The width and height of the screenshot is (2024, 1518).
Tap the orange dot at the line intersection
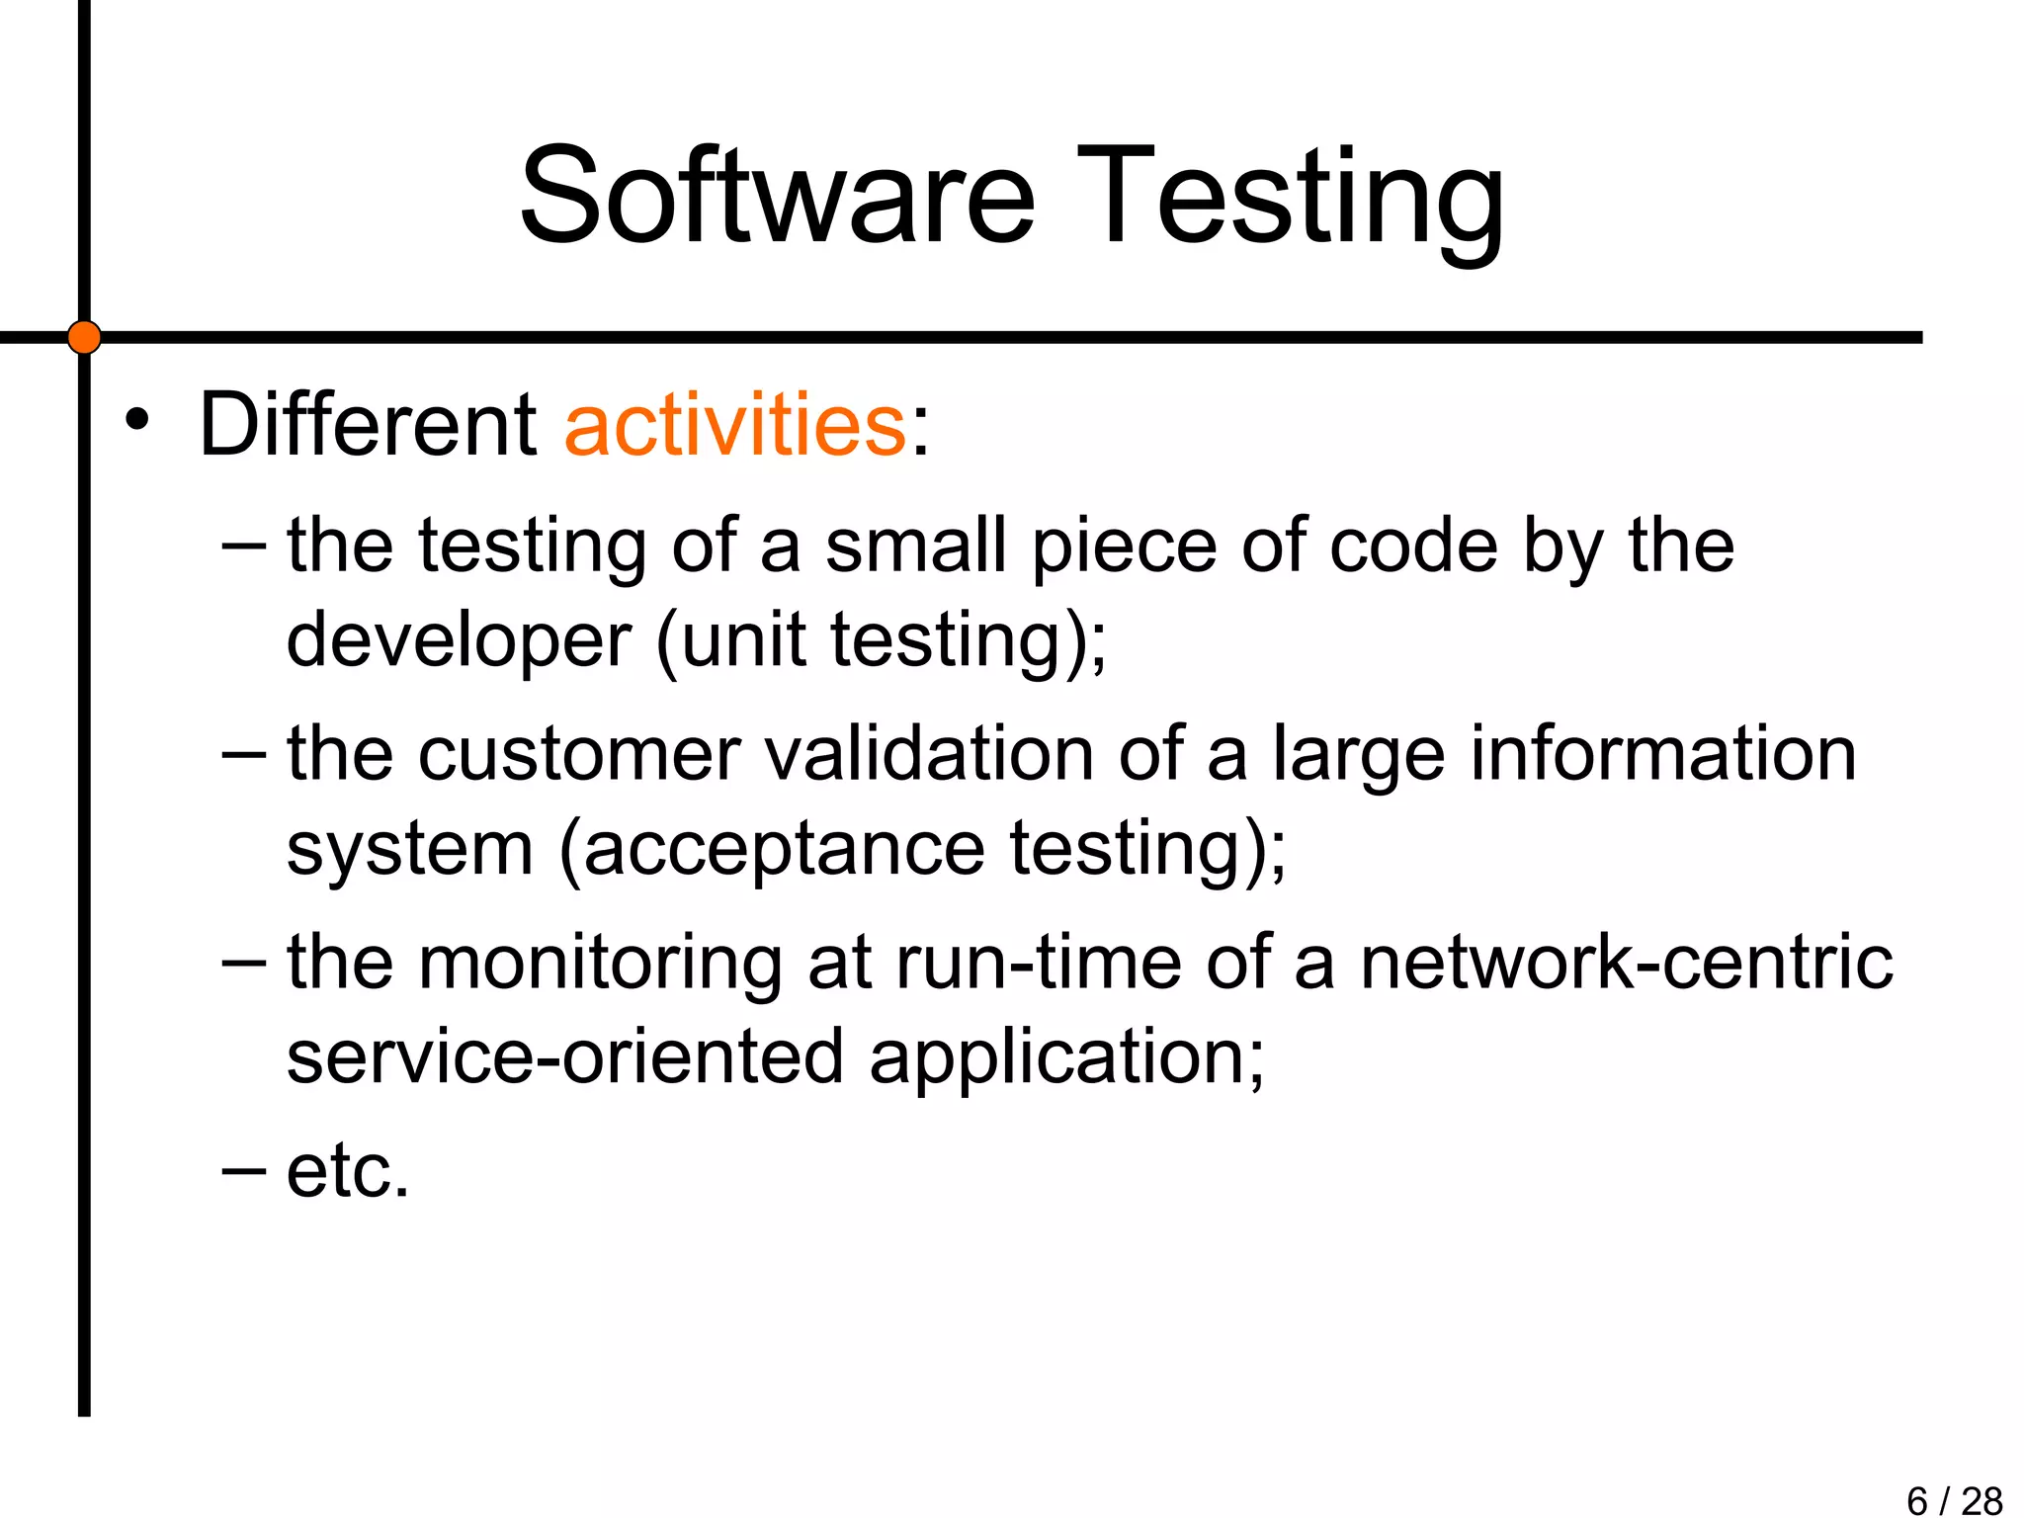(x=84, y=337)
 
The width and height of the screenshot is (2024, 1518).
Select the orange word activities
(x=734, y=425)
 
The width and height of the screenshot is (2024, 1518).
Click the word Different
(x=367, y=425)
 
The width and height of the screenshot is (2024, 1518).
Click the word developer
(x=458, y=640)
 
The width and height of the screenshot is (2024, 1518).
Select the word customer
(x=578, y=753)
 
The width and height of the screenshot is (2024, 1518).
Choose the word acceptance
(x=784, y=849)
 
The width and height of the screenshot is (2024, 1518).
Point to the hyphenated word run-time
(x=1038, y=963)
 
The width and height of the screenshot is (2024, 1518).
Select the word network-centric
(x=1626, y=963)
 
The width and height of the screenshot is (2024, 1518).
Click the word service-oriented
(x=565, y=1056)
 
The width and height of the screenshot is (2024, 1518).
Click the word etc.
(x=348, y=1171)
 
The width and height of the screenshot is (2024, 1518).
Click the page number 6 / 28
(x=1954, y=1500)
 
